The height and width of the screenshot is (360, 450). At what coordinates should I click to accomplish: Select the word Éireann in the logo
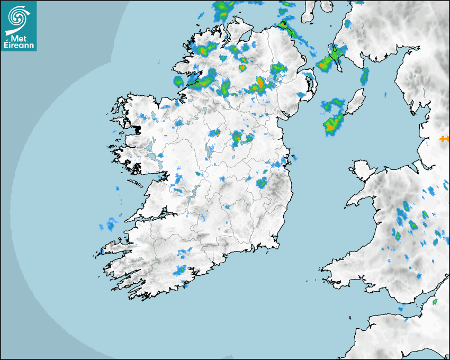(x=19, y=46)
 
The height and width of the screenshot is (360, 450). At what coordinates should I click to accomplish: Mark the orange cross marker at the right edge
(x=444, y=139)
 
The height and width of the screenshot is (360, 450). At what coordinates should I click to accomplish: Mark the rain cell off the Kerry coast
(x=109, y=224)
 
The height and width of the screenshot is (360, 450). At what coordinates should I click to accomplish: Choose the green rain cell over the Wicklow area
(x=262, y=183)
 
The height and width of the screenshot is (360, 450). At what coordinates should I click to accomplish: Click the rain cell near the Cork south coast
(x=180, y=270)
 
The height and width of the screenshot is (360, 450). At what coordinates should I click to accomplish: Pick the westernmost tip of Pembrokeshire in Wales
(x=322, y=269)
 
